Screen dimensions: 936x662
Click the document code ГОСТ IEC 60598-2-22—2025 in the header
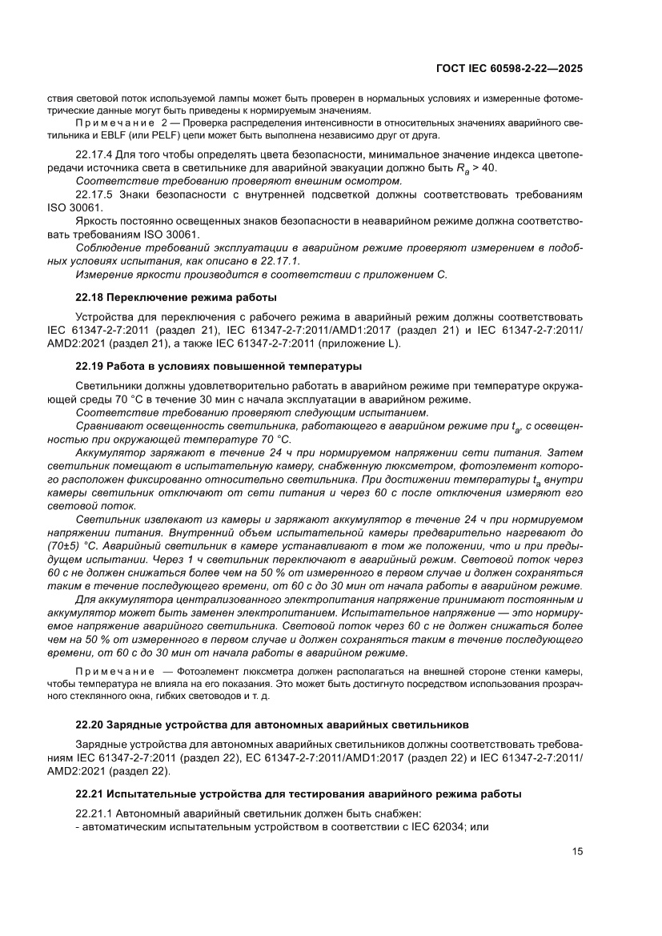(x=508, y=69)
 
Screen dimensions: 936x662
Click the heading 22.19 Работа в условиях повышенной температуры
(x=219, y=367)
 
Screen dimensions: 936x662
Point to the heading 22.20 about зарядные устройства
(x=271, y=725)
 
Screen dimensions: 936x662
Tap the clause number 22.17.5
(x=94, y=195)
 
